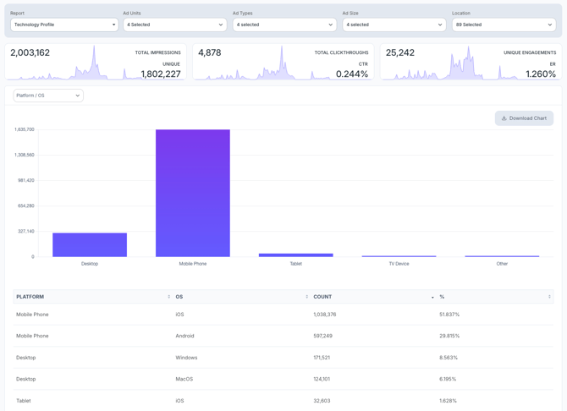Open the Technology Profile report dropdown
64,25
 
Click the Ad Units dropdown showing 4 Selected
174,25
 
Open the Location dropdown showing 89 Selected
504,25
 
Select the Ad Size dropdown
394,25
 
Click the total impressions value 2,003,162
30,52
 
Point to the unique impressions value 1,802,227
161,74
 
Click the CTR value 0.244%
352,74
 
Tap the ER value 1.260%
541,74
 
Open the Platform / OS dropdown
48,96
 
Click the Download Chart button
524,118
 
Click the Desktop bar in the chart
90,244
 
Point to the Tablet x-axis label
295,264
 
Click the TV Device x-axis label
399,264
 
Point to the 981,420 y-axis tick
25,180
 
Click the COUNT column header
323,297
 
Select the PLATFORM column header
30,297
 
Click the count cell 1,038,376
325,315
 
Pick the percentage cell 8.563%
449,358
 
